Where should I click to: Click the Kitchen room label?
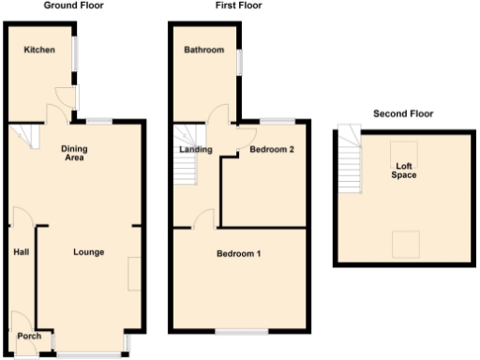point(39,50)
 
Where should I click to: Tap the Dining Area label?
point(75,153)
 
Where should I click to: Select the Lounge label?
point(88,252)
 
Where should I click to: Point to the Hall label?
point(22,252)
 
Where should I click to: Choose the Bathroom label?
point(203,50)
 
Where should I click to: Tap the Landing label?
point(194,149)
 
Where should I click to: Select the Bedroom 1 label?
point(239,254)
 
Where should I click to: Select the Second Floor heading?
point(403,114)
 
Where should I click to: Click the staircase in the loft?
point(350,159)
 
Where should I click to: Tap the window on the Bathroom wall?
point(239,60)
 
